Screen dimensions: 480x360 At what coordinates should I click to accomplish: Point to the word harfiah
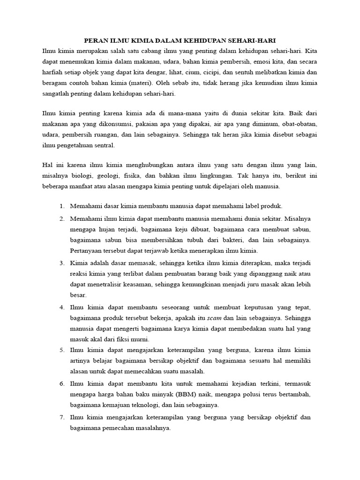(53, 72)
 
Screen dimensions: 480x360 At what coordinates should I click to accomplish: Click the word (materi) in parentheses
(165, 83)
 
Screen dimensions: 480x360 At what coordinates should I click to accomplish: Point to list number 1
(62, 206)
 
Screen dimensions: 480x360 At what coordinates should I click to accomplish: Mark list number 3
(62, 263)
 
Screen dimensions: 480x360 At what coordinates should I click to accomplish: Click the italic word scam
(214, 318)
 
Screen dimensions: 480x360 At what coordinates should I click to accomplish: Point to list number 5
(62, 350)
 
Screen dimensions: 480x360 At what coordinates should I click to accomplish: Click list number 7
(62, 417)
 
